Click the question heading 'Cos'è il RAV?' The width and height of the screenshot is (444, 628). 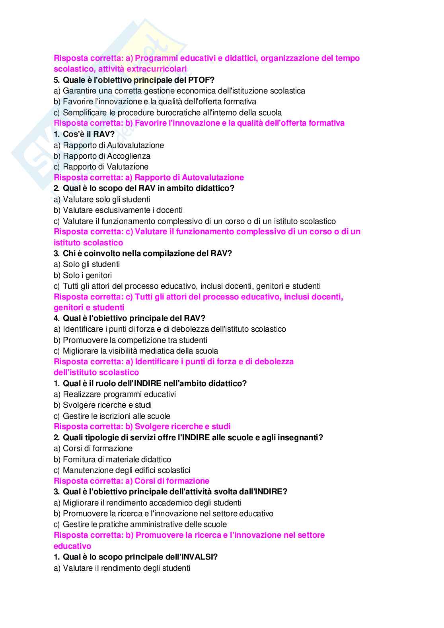click(84, 134)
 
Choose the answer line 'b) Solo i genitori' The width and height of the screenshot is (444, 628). click(83, 275)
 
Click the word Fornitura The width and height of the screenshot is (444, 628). click(80, 459)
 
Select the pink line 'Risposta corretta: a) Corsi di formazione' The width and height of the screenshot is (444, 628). click(131, 481)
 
